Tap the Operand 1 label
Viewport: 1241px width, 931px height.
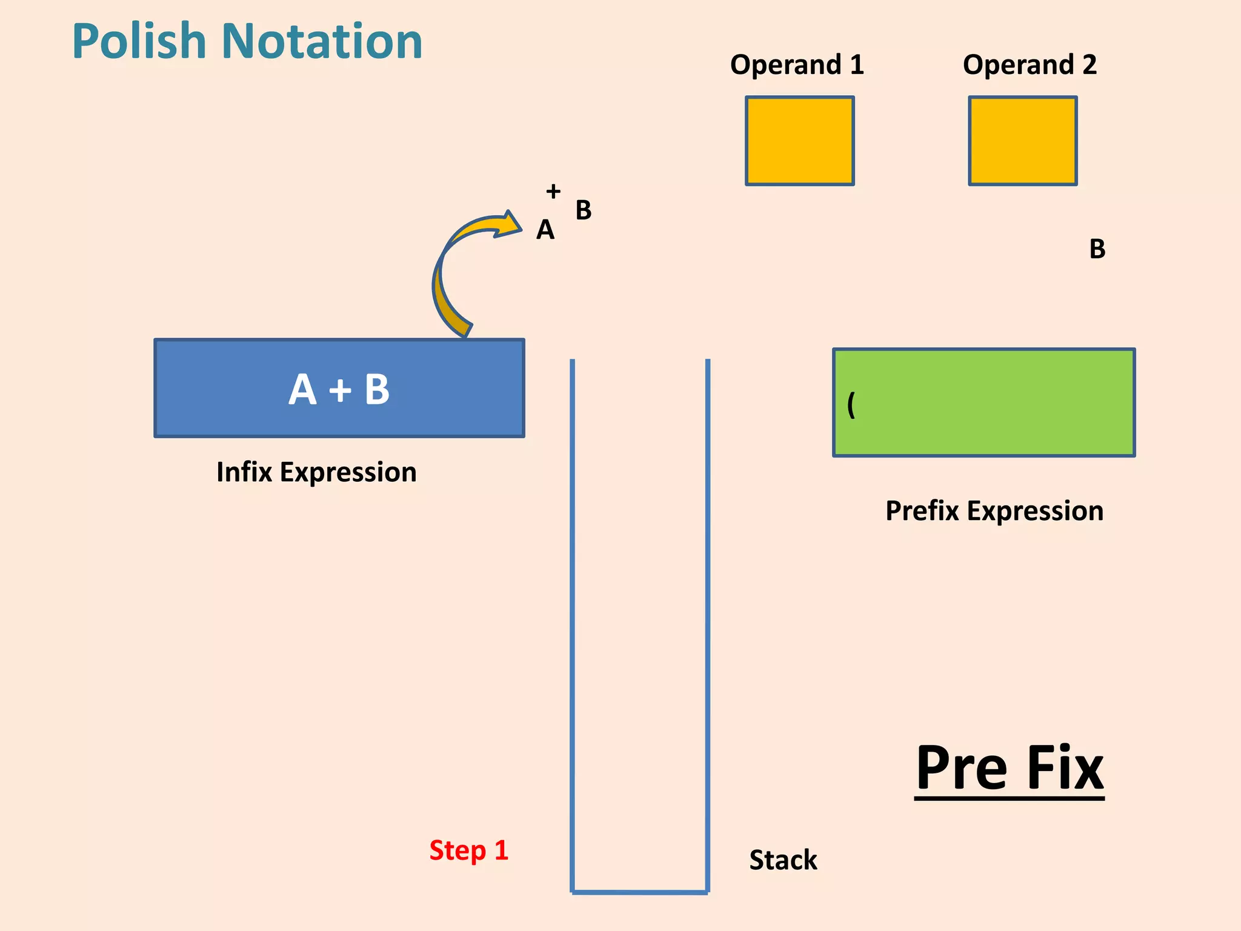click(x=796, y=65)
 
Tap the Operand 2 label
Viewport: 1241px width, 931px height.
click(x=1030, y=65)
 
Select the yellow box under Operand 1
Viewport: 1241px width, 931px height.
click(x=799, y=141)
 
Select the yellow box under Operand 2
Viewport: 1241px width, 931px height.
click(x=1022, y=141)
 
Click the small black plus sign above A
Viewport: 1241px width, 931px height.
click(x=553, y=192)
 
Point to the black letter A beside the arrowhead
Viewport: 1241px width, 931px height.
click(x=545, y=230)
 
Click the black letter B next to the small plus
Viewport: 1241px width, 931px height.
click(x=583, y=210)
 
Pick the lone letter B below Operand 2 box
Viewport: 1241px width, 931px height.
click(x=1097, y=249)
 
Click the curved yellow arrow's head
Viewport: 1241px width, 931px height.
click(x=509, y=224)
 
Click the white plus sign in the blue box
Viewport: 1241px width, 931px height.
click(x=340, y=390)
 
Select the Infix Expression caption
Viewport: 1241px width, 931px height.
click(x=316, y=472)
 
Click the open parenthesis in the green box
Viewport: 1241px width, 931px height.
click(x=851, y=404)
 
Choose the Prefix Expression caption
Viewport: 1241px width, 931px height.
click(x=994, y=511)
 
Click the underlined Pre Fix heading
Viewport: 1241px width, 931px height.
click(x=1009, y=769)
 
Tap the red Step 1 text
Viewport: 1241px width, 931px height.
click(x=468, y=850)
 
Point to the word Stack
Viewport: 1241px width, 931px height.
click(x=783, y=860)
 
